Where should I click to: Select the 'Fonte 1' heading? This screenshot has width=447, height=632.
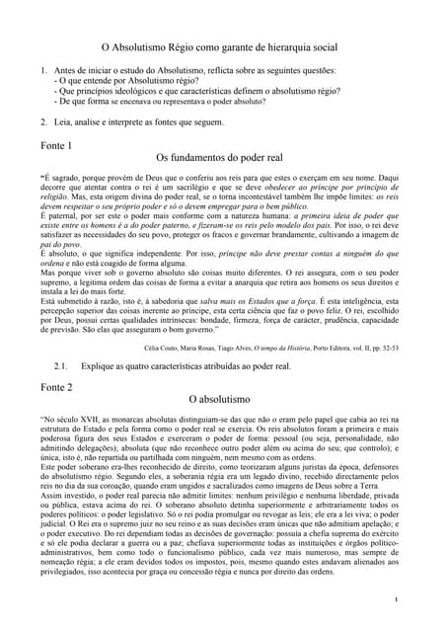56,145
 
